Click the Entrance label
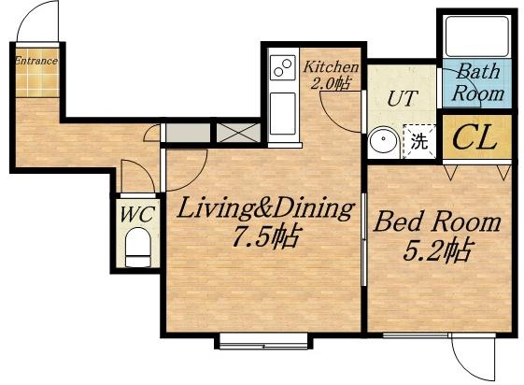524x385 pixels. (36, 61)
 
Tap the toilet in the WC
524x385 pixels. (137, 247)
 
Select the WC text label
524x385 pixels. (137, 214)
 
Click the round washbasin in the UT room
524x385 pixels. (383, 142)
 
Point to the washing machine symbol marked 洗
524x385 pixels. (419, 141)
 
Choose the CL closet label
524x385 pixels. (474, 137)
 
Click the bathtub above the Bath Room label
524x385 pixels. (477, 36)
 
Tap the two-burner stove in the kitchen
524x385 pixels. (283, 68)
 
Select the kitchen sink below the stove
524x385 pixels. (283, 114)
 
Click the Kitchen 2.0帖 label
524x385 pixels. (331, 75)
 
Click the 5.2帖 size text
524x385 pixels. (438, 250)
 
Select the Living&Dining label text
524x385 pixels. (265, 207)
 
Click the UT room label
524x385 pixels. (402, 98)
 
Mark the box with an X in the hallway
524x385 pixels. (238, 133)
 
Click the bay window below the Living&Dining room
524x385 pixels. (263, 341)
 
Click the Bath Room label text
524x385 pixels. (477, 82)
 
